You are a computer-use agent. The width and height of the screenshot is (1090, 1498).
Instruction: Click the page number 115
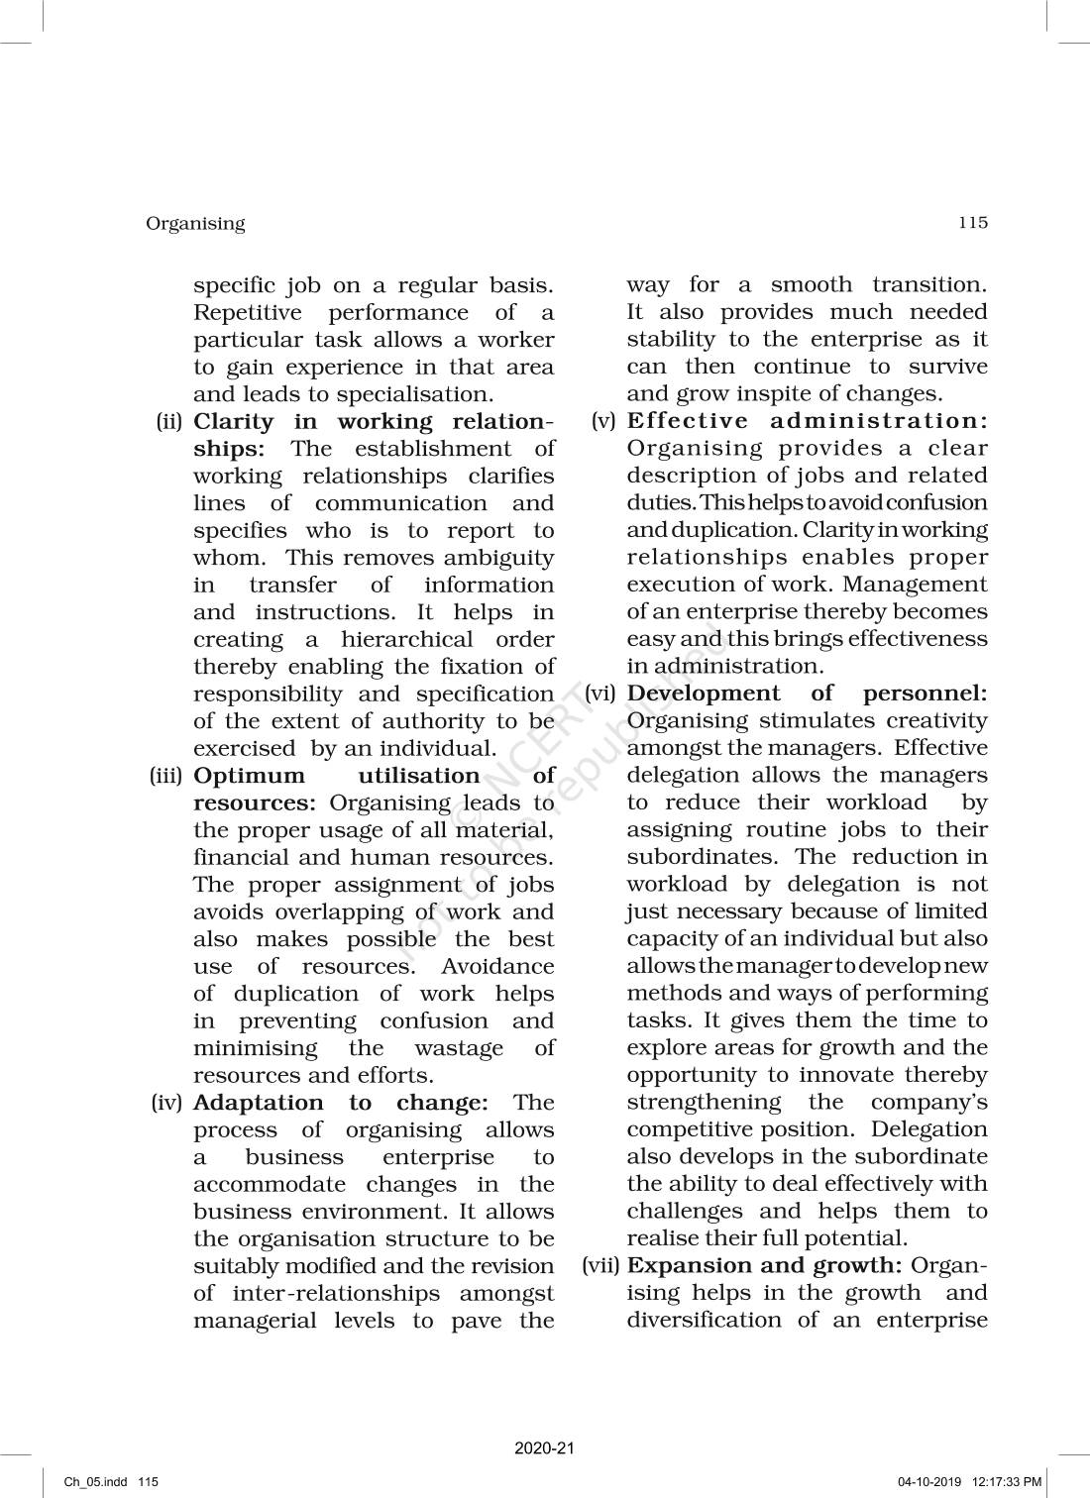point(973,223)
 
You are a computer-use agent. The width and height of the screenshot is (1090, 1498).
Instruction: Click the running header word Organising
point(195,224)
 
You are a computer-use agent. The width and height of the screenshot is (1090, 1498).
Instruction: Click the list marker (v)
point(604,421)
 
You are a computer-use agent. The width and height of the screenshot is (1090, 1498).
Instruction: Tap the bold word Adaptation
point(258,1103)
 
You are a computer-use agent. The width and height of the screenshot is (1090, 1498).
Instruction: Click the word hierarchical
point(407,640)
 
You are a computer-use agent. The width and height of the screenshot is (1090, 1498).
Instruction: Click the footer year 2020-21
point(545,1448)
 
